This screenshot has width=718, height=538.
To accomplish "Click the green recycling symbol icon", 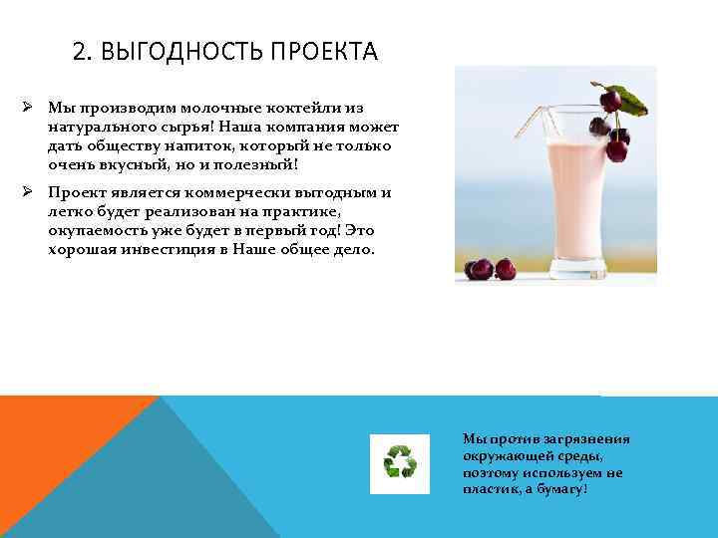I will tap(400, 463).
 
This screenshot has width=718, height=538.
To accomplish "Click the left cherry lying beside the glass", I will tap(479, 269).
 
